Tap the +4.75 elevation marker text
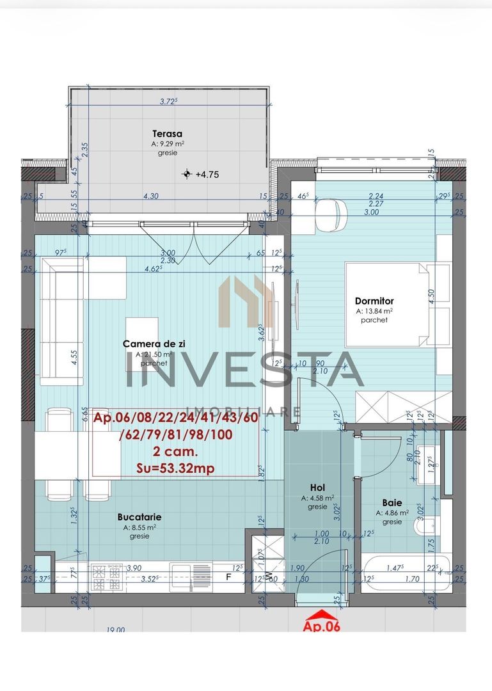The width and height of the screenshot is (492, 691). point(207,173)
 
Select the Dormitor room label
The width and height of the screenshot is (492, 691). point(374,301)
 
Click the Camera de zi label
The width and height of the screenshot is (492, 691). point(154,344)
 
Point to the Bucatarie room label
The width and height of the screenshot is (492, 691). point(139,517)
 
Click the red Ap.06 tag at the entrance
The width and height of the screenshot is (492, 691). point(321,626)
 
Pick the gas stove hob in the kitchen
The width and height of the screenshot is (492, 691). point(107,577)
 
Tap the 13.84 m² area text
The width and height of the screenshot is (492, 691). point(374,311)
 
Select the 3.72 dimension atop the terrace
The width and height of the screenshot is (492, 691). point(168,101)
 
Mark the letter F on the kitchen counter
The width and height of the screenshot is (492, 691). point(228,576)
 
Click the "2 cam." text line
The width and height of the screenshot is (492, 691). point(176,452)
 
